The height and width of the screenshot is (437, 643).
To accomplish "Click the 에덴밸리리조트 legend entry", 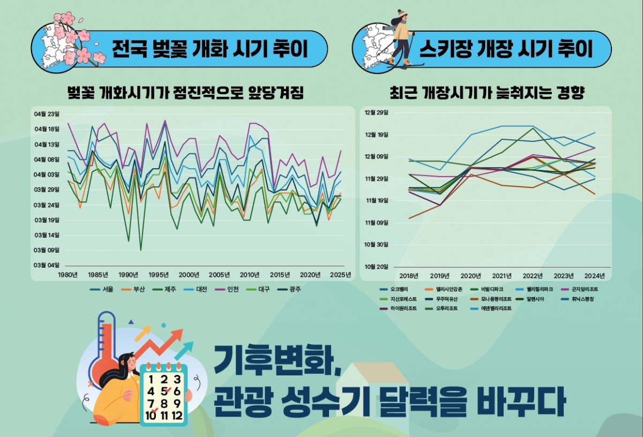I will click(495, 308).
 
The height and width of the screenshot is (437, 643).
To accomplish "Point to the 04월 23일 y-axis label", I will click(47, 114).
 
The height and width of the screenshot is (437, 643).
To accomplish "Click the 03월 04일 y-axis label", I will click(47, 265).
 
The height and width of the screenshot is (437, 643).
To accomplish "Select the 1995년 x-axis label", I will click(158, 275).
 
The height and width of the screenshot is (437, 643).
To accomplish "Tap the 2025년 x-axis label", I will click(341, 275).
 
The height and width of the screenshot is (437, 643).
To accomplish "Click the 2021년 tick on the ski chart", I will click(502, 276).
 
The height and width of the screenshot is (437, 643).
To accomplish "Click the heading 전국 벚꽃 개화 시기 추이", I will click(210, 49).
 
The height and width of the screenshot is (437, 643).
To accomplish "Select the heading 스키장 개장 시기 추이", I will click(506, 49).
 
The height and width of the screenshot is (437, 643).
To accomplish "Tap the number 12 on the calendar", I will click(176, 415).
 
